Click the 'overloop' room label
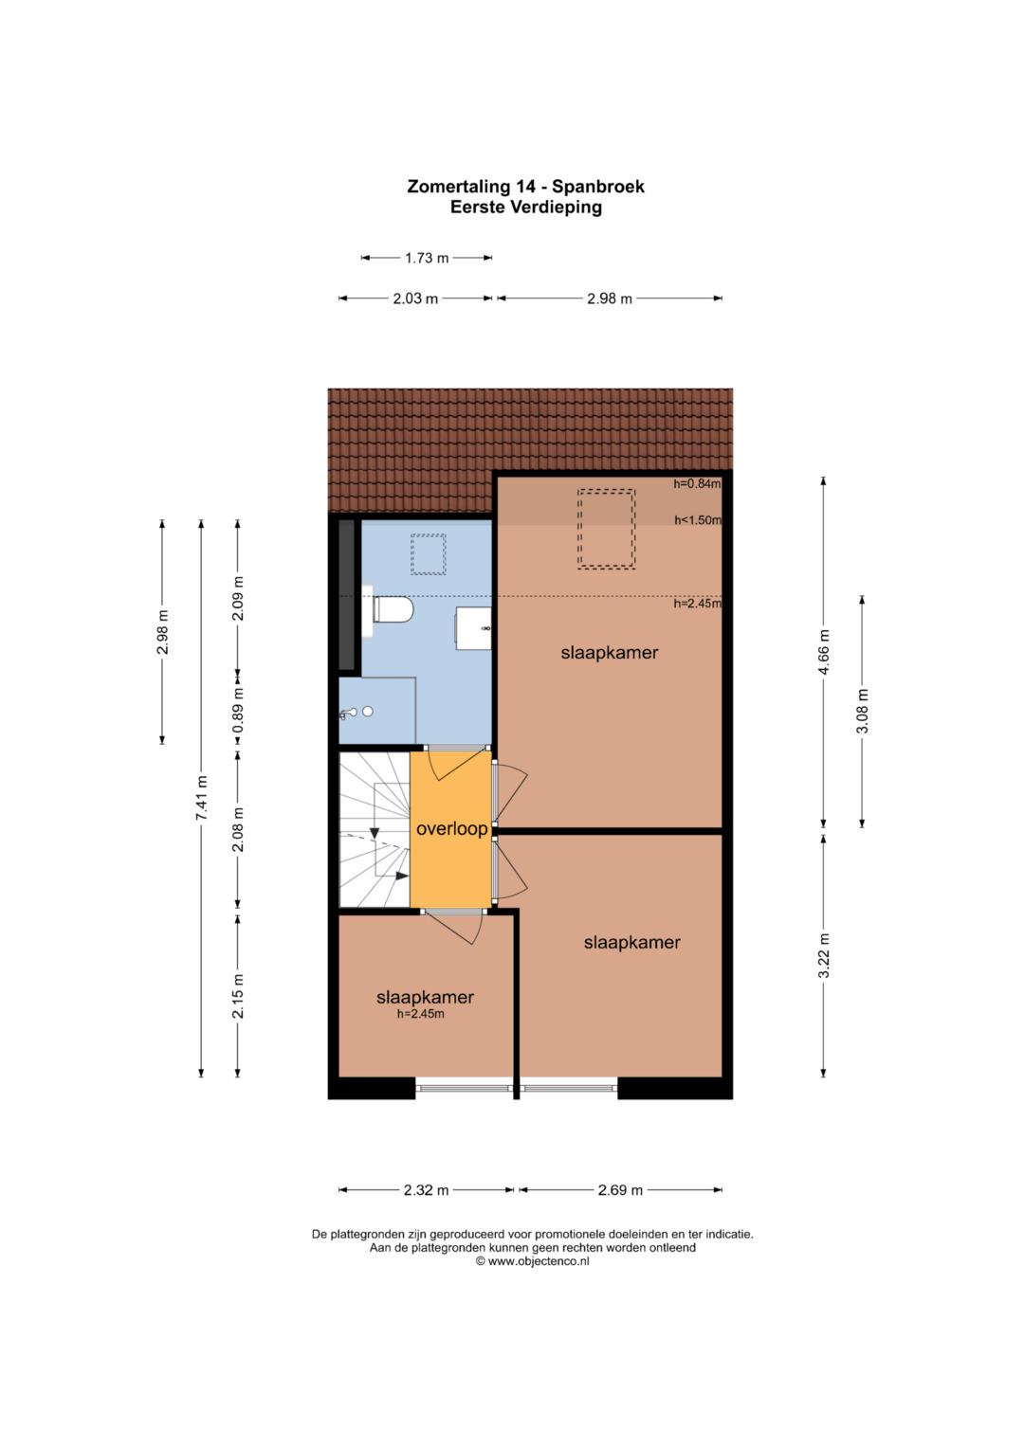[x=451, y=829]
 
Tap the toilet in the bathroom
[x=393, y=609]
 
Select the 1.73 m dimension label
[x=427, y=258]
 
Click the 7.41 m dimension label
[x=201, y=799]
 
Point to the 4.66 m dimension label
[x=823, y=652]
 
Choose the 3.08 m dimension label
[x=862, y=711]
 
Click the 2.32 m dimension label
[x=426, y=1190]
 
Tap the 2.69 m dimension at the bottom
[x=620, y=1190]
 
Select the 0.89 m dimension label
[x=238, y=710]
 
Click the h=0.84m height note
[x=697, y=483]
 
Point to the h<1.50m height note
[x=698, y=520]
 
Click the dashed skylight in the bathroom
[x=428, y=554]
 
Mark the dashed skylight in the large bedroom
[x=606, y=529]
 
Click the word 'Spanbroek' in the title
[x=598, y=187]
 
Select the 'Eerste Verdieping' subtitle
[x=525, y=208]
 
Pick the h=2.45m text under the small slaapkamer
[x=420, y=1014]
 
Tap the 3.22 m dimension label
[x=823, y=956]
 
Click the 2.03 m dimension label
[x=415, y=298]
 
